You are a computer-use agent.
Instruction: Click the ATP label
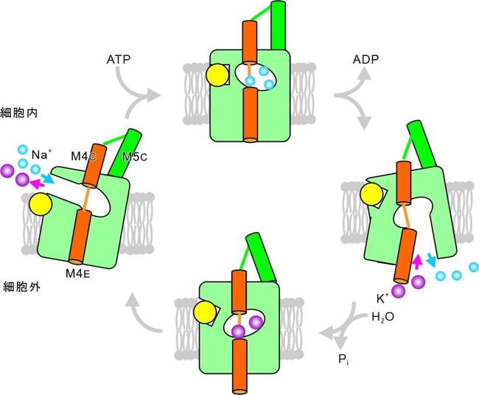pyautogui.click(x=119, y=59)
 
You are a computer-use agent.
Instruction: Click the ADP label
pyautogui.click(x=366, y=59)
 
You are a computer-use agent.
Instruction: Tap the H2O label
pyautogui.click(x=382, y=317)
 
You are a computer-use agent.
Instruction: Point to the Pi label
pyautogui.click(x=343, y=360)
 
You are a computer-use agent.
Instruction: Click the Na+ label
pyautogui.click(x=40, y=155)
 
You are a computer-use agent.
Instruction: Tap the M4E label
pyautogui.click(x=78, y=273)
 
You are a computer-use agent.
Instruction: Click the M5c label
pyautogui.click(x=134, y=157)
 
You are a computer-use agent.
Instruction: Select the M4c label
pyautogui.click(x=84, y=156)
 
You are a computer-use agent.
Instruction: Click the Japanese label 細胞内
pyautogui.click(x=19, y=113)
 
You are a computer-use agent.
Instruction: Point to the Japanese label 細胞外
pyautogui.click(x=21, y=287)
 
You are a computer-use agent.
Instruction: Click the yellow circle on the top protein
pyautogui.click(x=217, y=75)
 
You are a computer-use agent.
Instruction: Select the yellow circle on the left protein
pyautogui.click(x=41, y=203)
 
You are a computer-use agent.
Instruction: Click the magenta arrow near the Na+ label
pyautogui.click(x=37, y=183)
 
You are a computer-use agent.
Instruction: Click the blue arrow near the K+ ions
pyautogui.click(x=431, y=259)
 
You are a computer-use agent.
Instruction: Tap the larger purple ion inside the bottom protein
pyautogui.click(x=256, y=322)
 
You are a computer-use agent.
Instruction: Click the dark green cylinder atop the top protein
pyautogui.click(x=278, y=25)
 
